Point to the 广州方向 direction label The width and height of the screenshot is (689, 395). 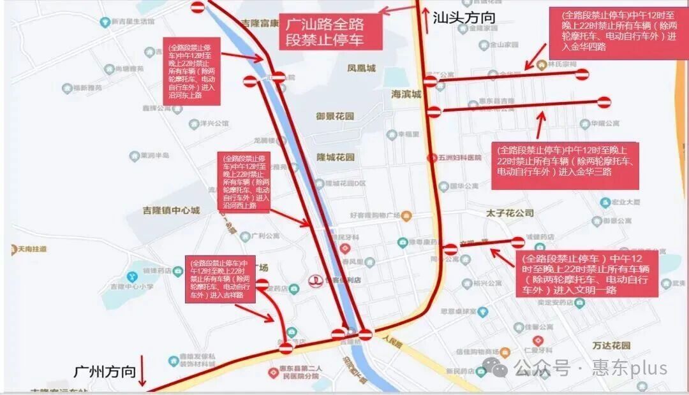pyautogui.click(x=105, y=371)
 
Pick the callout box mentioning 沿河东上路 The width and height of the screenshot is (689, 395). pyautogui.click(x=191, y=71)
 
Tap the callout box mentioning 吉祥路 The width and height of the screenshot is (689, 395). pyautogui.click(x=219, y=279)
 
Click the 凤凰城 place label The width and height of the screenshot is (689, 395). pyautogui.click(x=361, y=68)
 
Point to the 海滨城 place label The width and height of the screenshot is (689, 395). pyautogui.click(x=406, y=94)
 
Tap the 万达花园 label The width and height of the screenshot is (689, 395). pyautogui.click(x=611, y=345)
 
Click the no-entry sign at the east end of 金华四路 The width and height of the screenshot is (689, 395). pyautogui.click(x=581, y=75)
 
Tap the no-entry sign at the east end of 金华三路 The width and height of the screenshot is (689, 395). pyautogui.click(x=604, y=101)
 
